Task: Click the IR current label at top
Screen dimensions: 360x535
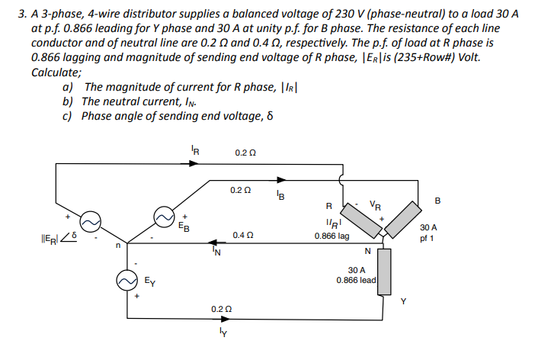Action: tap(196, 151)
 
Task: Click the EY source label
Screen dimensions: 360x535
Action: tap(151, 282)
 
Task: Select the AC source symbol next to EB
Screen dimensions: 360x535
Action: tap(163, 217)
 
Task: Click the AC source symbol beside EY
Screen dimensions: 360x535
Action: tap(127, 279)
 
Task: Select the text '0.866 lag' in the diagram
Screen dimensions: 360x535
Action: tap(332, 236)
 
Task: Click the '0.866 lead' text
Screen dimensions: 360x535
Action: tap(356, 280)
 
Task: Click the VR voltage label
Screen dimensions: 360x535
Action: tap(373, 204)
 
